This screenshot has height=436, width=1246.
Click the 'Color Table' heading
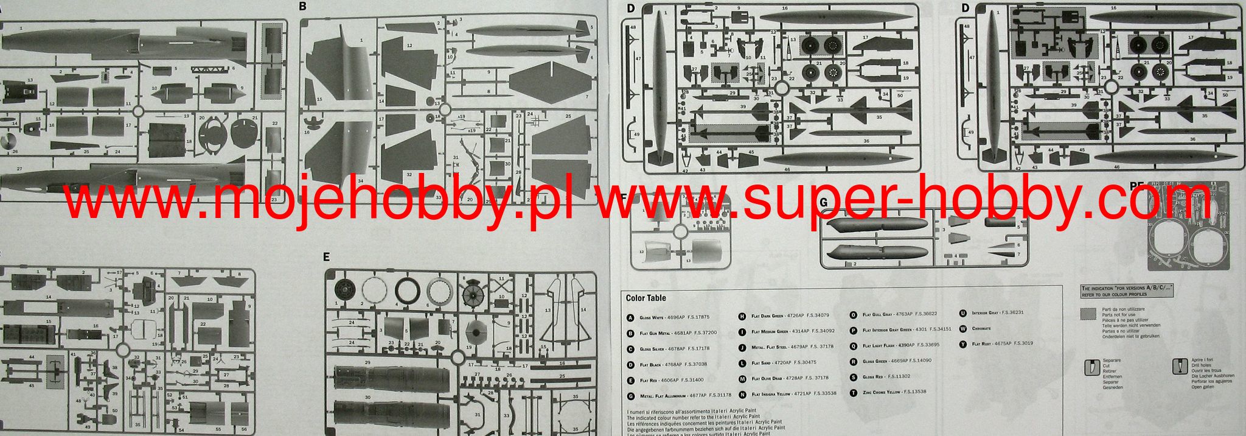point(646,298)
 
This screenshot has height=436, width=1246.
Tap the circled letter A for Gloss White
point(630,318)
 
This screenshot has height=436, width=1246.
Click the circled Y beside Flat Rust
point(963,344)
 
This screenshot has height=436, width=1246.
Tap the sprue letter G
point(824,202)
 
